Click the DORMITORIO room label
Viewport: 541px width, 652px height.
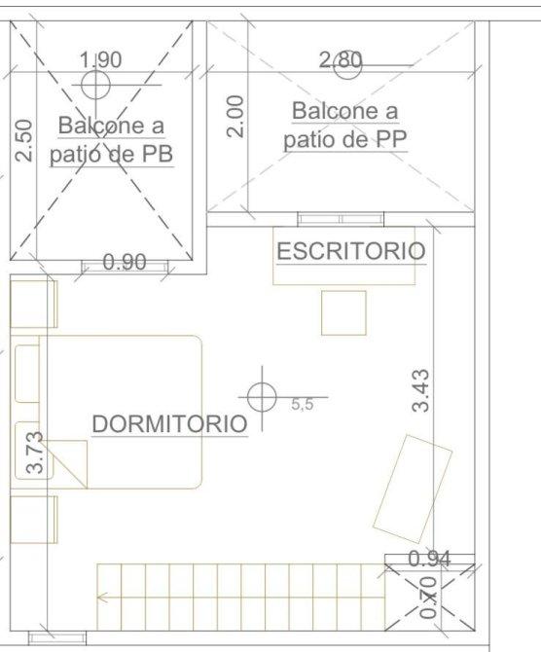169,423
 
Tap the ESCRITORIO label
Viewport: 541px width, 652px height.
351,251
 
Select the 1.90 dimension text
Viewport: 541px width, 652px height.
100,59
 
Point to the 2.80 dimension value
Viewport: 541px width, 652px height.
341,60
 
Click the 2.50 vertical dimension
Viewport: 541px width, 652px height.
23,140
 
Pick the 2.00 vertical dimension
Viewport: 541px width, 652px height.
234,117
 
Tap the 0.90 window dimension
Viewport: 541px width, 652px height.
125,262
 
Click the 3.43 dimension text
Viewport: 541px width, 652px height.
420,390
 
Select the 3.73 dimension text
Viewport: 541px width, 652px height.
34,453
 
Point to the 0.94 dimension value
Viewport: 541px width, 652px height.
429,559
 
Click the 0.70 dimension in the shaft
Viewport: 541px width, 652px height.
428,598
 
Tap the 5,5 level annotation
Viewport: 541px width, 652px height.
303,404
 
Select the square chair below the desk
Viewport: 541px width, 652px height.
343,312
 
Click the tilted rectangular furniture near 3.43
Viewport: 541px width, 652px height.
413,489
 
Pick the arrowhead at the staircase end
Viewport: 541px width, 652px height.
101,598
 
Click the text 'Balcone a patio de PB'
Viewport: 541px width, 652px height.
112,140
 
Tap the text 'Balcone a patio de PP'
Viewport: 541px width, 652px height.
345,125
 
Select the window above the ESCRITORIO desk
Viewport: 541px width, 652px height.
341,219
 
